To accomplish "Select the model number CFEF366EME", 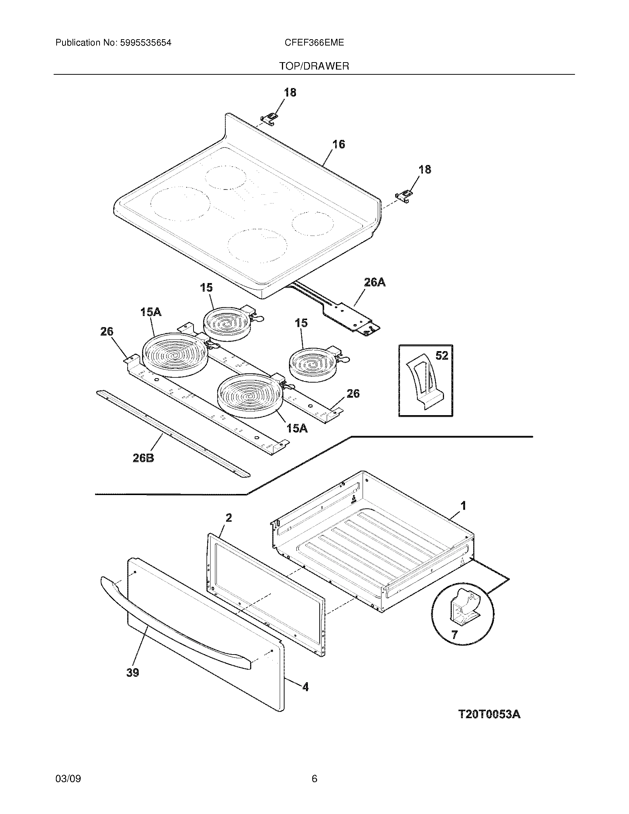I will (x=314, y=43).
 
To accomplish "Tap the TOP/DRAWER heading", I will (x=314, y=66).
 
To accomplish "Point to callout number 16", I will (x=338, y=144).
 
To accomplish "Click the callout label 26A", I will (x=374, y=283).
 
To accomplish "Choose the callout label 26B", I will (x=144, y=458).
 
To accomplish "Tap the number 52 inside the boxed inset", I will (x=441, y=356).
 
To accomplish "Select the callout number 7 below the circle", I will (x=454, y=634).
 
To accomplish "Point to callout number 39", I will (x=133, y=673).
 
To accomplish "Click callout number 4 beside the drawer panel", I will (x=305, y=686).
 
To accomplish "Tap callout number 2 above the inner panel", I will (x=228, y=518).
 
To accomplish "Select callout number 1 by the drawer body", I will (x=463, y=506).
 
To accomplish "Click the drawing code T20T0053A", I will (x=489, y=714).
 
